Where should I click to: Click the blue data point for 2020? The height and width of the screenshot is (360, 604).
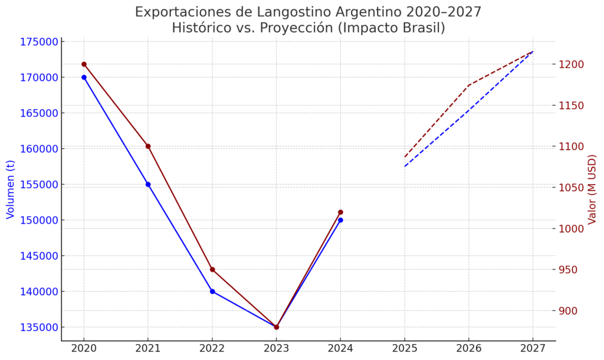[x=84, y=77]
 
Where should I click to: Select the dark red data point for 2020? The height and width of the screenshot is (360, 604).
[x=84, y=64]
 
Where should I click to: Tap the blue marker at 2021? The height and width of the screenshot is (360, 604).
[x=148, y=184]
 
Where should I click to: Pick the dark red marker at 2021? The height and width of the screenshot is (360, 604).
[x=148, y=146]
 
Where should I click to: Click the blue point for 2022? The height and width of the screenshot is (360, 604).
[x=212, y=292]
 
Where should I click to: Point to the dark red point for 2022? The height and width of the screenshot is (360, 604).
[x=212, y=270]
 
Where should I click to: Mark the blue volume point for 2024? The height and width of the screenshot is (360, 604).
[x=340, y=220]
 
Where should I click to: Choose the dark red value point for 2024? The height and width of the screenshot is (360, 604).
[x=340, y=212]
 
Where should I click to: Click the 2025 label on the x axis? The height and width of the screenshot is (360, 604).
[x=405, y=349]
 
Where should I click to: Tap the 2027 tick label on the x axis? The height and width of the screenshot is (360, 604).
[x=533, y=349]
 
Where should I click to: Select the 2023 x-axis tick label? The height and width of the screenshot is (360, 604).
[x=276, y=349]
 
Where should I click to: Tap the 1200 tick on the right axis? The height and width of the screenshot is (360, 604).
[x=573, y=64]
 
